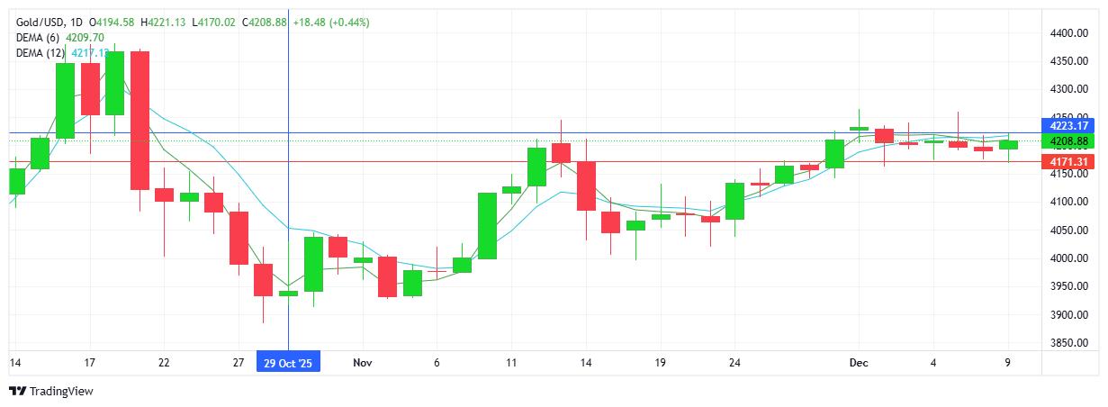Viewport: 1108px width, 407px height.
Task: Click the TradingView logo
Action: click(x=50, y=391)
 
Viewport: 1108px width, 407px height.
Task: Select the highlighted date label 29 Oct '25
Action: click(x=288, y=362)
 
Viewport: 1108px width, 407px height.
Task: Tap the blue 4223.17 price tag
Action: click(x=1069, y=125)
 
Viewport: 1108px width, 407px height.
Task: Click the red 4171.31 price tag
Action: click(x=1069, y=161)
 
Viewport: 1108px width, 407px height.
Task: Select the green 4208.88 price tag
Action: click(x=1069, y=141)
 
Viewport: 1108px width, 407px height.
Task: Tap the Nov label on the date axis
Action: click(x=363, y=362)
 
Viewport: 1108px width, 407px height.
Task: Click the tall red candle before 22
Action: click(x=140, y=120)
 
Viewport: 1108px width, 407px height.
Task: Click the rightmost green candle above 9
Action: click(x=1008, y=144)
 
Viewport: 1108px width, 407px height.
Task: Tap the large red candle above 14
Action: click(x=587, y=185)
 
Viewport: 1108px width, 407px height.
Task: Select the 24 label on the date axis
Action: click(x=734, y=362)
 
